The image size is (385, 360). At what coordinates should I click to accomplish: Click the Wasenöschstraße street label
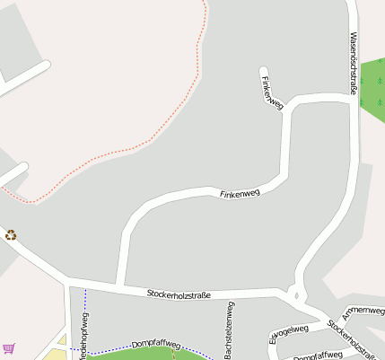click(353, 63)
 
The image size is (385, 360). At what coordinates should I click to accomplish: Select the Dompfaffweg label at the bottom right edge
click(319, 356)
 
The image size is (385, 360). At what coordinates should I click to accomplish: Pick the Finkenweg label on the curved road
click(239, 192)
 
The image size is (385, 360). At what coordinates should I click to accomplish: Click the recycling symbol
click(11, 235)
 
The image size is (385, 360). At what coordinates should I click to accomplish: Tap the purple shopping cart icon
click(9, 348)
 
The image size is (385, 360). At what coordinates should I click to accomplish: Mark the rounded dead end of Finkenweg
click(264, 71)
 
